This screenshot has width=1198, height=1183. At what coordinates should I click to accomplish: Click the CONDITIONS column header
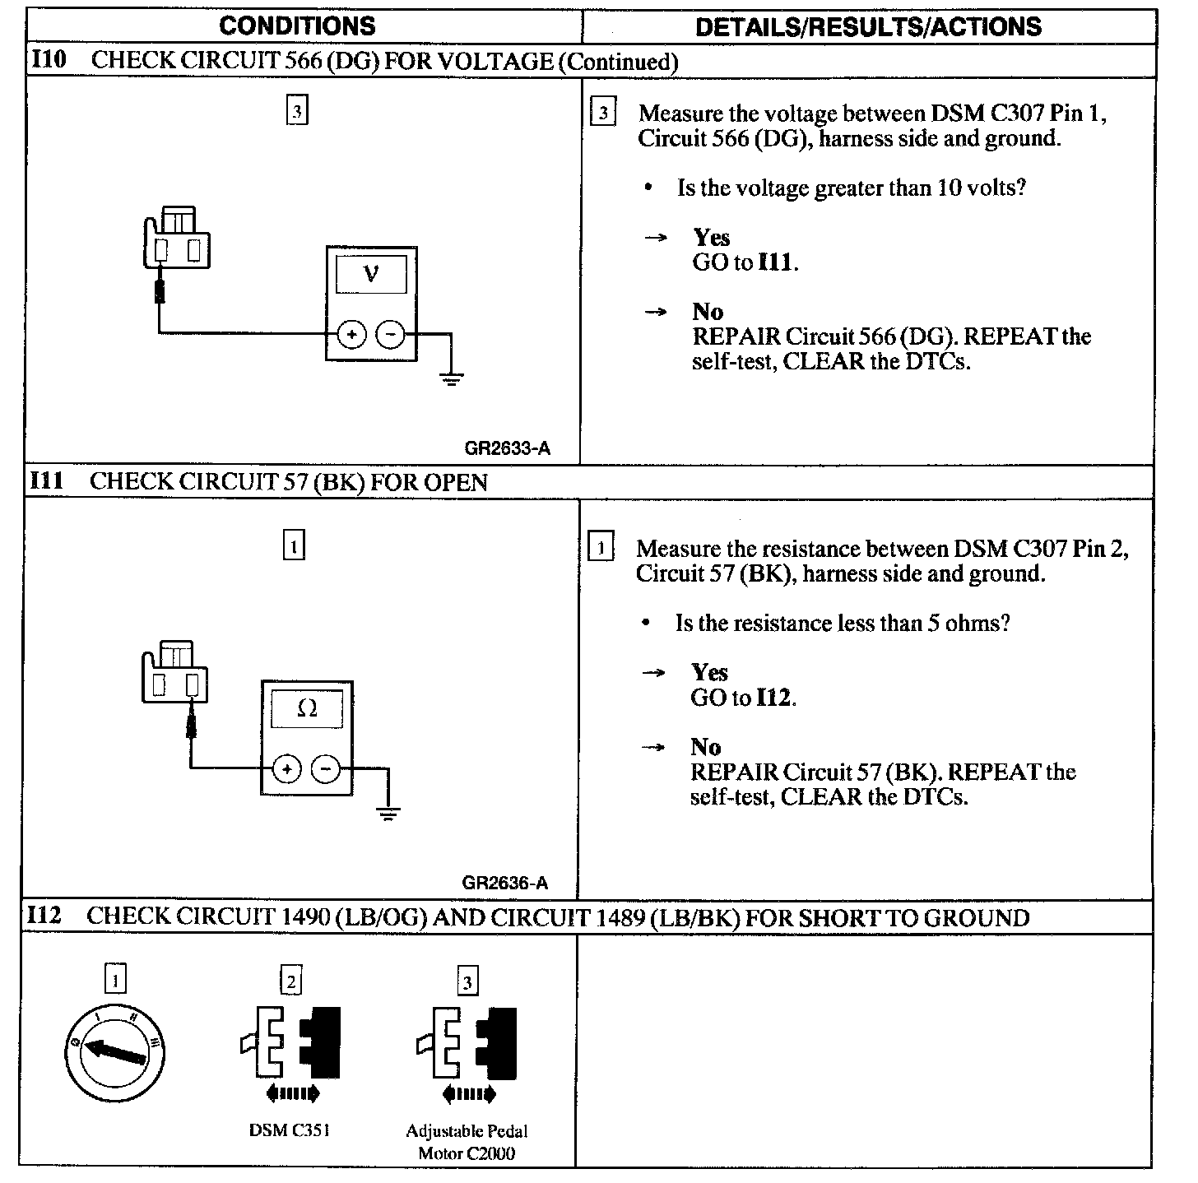tap(297, 26)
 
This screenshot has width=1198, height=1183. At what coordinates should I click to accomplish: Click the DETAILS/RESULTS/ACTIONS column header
tap(868, 26)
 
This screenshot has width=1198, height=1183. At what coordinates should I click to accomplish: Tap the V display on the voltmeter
tap(371, 274)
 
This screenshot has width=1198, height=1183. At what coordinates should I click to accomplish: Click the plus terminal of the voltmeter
tap(351, 335)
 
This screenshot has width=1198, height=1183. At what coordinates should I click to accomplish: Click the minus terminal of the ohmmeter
tap(326, 769)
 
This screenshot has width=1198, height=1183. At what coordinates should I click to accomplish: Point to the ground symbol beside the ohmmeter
tap(388, 814)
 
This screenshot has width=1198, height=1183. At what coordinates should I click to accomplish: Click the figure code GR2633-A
tap(507, 448)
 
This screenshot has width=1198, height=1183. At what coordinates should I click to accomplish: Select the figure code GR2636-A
tap(504, 884)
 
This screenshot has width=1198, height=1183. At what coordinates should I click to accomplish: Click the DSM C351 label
tap(289, 1130)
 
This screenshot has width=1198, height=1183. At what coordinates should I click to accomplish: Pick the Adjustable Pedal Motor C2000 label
tap(467, 1142)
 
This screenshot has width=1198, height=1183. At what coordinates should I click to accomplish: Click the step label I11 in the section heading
tap(46, 480)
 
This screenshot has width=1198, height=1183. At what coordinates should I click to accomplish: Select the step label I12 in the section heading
tap(44, 916)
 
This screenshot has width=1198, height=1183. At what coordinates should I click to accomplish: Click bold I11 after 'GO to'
tap(776, 262)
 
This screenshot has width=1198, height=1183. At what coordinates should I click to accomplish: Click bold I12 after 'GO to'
tap(774, 698)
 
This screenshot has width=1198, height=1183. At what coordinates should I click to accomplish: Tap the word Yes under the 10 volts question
tap(711, 238)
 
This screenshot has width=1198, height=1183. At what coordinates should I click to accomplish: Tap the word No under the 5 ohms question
tap(705, 747)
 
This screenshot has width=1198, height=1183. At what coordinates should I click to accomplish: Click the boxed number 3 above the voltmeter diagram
tap(297, 111)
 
